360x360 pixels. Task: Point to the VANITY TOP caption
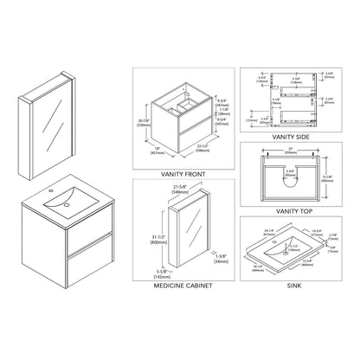point(292,210)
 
